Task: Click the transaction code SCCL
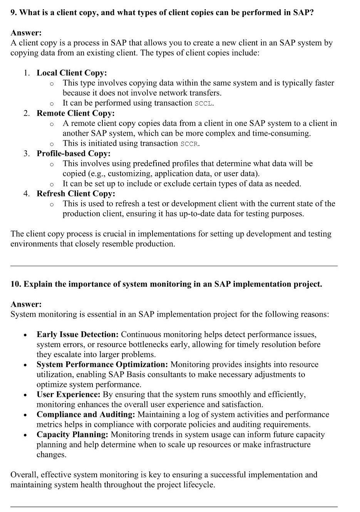coord(204,103)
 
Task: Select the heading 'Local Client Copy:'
coord(72,73)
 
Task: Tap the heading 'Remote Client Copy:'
coord(75,113)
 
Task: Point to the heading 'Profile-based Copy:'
coord(74,153)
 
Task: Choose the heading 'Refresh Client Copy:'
coord(76,193)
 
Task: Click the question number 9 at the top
coord(14,13)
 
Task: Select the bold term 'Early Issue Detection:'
coord(77,334)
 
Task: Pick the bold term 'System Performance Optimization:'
coord(102,364)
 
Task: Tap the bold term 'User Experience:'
coord(68,394)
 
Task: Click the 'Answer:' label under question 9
coord(26,33)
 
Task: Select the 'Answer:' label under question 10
coord(26,304)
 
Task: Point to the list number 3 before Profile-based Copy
coord(26,153)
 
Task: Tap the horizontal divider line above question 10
coord(174,266)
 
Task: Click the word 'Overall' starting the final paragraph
coord(24,475)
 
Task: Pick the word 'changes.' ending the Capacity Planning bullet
coord(52,455)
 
